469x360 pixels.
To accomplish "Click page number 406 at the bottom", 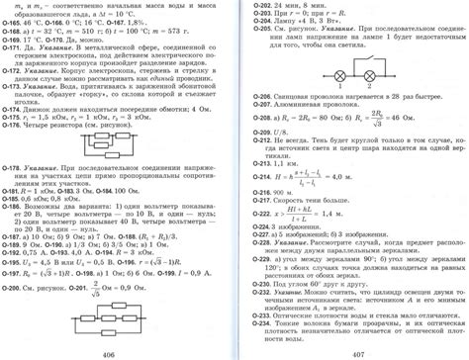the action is (x=109, y=352).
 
